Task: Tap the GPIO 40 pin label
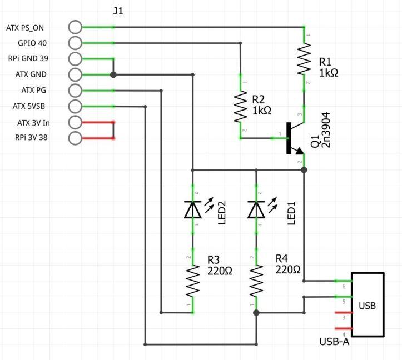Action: [x=32, y=43]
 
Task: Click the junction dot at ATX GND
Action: [x=113, y=75]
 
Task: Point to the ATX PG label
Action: [x=33, y=90]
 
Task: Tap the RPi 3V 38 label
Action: [x=31, y=138]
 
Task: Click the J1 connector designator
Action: [x=118, y=11]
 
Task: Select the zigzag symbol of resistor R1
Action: [x=304, y=59]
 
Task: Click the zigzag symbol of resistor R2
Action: [x=241, y=106]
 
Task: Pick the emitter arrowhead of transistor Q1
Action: [x=300, y=151]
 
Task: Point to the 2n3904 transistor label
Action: [x=326, y=130]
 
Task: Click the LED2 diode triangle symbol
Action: [x=193, y=209]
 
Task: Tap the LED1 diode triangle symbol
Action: [x=256, y=209]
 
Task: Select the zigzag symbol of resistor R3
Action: [x=193, y=281]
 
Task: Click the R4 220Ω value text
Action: [x=288, y=270]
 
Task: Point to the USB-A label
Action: [x=334, y=342]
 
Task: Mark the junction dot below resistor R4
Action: [x=256, y=313]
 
